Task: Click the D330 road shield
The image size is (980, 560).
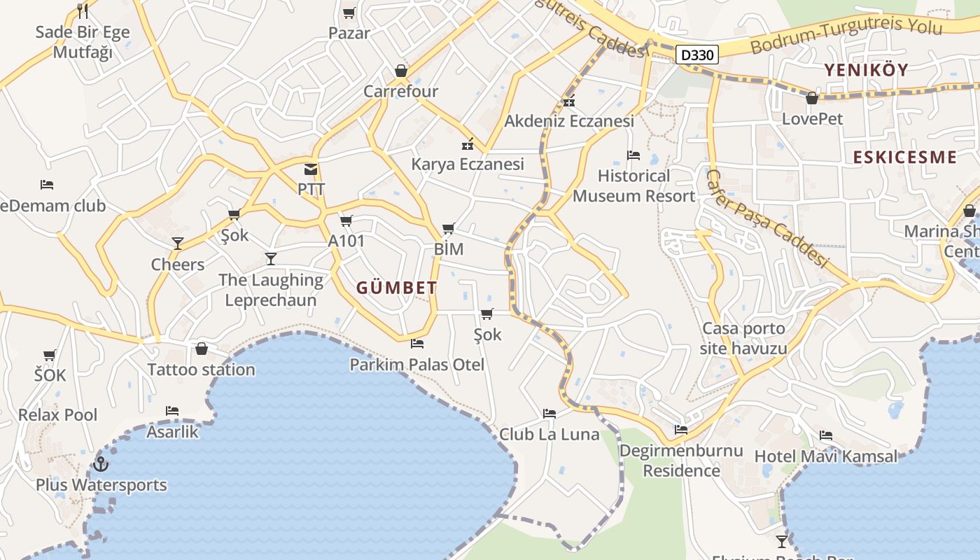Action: coord(697,55)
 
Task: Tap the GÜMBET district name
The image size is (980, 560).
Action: coord(397,288)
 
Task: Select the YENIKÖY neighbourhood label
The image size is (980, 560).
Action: coord(866,70)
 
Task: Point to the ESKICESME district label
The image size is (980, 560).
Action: coord(904,157)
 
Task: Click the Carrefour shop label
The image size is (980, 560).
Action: coord(400,92)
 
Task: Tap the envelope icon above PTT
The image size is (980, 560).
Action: coord(311,169)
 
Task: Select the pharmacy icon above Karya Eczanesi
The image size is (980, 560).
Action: coord(467,145)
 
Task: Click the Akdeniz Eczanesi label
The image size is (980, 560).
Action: coord(569,121)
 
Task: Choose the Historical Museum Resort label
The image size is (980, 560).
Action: coord(633,186)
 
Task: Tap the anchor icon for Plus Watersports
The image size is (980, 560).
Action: coord(101,464)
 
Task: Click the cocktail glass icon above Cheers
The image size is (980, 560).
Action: coord(178,244)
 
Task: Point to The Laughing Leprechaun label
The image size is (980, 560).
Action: coord(270,290)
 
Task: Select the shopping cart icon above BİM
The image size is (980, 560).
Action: coord(449,228)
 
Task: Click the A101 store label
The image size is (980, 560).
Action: coord(346,241)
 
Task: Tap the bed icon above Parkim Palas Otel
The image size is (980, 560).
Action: coord(417,344)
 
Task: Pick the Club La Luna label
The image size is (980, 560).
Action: coord(549,435)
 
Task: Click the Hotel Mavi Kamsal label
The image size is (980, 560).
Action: coord(825,457)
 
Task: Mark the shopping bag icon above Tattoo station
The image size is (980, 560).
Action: coord(202,349)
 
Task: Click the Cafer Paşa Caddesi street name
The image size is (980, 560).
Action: coord(766,218)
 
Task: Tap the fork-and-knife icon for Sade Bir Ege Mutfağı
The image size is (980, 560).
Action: coord(83,10)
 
